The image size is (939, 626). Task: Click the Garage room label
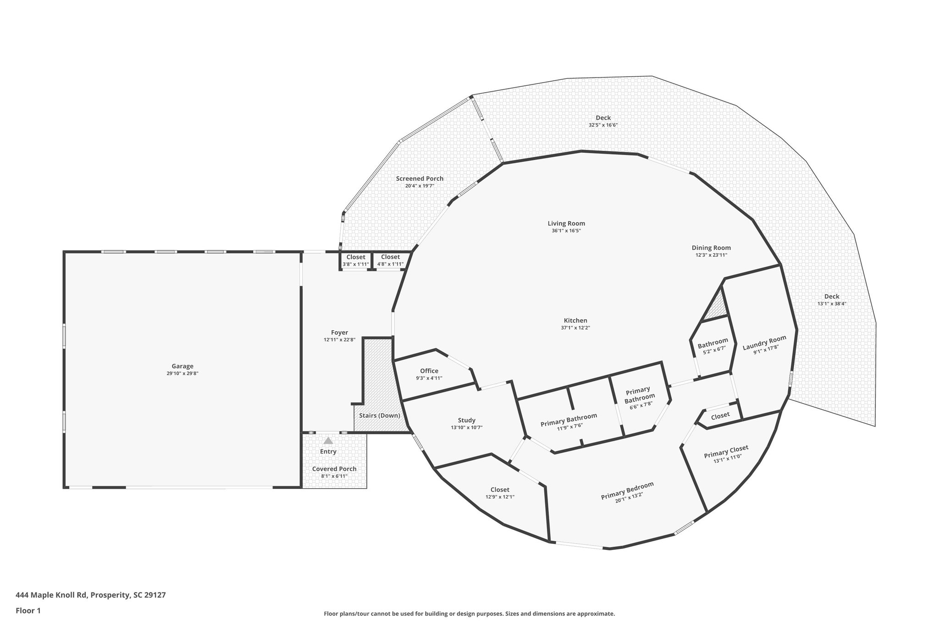point(182,366)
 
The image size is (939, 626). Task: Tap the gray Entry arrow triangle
point(328,441)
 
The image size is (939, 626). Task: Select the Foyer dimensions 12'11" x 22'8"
point(339,340)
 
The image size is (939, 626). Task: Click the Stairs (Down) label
point(379,415)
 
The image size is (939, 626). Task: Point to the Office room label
point(429,371)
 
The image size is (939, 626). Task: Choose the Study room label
point(466,420)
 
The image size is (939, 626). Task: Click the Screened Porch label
point(420,178)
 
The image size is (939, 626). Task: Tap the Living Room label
point(566,223)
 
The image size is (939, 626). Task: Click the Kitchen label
point(575,321)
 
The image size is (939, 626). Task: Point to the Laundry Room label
point(764,343)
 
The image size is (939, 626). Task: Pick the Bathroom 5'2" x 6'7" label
point(713,342)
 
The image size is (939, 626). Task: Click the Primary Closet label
point(726,451)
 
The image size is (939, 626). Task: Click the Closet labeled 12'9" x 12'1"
point(500,489)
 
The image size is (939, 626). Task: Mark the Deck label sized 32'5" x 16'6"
point(603,118)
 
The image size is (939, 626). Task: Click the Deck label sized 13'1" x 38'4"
point(832,296)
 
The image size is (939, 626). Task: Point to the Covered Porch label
point(334,469)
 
